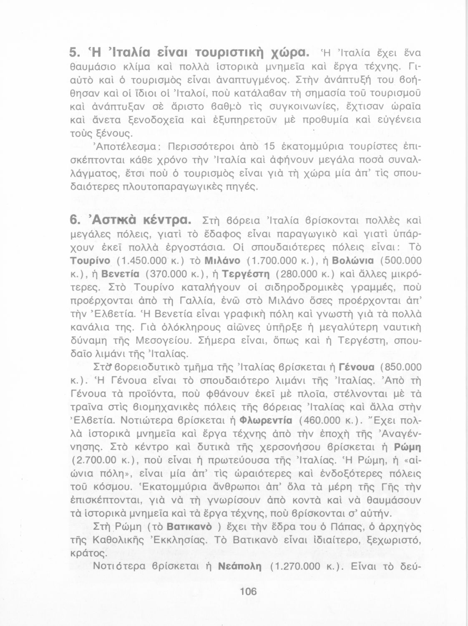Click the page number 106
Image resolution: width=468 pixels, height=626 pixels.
248,591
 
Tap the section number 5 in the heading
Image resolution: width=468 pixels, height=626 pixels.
71,53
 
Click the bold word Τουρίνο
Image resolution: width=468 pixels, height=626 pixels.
89,261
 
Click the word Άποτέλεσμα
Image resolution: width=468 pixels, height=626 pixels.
126,147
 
